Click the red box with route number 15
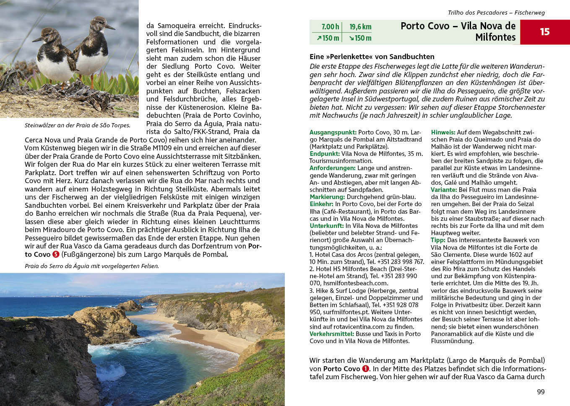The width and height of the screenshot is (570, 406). tap(544, 32)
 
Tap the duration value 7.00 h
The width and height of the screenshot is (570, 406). tap(330, 27)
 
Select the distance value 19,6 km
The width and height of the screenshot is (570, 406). tap(360, 27)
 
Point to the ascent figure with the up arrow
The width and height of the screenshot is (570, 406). tap(328, 38)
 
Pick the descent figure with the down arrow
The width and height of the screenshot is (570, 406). tap(359, 38)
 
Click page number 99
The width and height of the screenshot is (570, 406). tap(541, 392)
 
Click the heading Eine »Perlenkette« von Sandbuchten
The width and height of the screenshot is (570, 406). tap(372, 57)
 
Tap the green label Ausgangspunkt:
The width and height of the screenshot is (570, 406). tap(333, 132)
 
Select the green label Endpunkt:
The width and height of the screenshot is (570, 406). tap(324, 154)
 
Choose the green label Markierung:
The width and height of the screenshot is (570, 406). tap(327, 197)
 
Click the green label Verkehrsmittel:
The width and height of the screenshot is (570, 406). tap(332, 334)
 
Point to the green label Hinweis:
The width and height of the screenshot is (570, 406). tap(443, 132)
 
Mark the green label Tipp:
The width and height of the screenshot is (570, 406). tap(438, 240)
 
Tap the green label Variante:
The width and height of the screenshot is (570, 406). tap(444, 190)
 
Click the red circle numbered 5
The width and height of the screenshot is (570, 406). tap(56, 254)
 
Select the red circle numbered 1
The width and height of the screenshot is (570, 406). tap(366, 369)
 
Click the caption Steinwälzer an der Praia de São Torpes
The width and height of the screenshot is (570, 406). tap(77, 125)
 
